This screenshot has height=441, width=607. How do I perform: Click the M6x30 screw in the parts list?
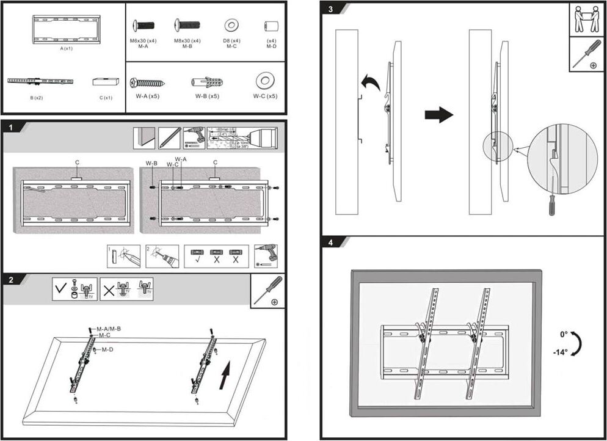(144, 26)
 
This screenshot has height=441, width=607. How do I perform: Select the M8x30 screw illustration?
(187, 26)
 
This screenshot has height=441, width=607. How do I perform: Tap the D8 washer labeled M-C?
(231, 26)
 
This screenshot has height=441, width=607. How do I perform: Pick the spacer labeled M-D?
(271, 26)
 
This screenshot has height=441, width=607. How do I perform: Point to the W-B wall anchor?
(207, 82)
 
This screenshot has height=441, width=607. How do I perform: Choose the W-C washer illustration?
(264, 81)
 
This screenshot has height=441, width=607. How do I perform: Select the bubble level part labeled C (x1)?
(104, 82)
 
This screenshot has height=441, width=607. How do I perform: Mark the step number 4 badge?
(330, 242)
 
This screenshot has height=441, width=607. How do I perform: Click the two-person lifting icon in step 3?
(587, 19)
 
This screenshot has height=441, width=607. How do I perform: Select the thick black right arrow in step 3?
(438, 114)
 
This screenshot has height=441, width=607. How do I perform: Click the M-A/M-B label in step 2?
(109, 329)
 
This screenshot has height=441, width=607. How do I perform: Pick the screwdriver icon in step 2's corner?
(267, 291)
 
